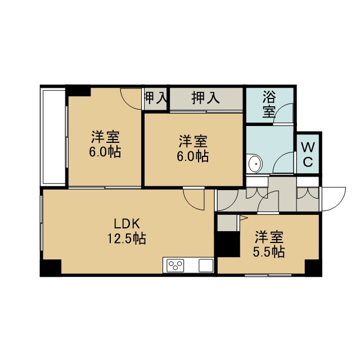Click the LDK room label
coord(127,224)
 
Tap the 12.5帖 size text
coord(127,238)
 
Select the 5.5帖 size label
coord(269,252)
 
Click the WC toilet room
coord(308,154)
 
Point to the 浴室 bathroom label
coord(269,104)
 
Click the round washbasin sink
coord(255,164)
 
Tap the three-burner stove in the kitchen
coord(175,265)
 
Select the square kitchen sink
coord(206,265)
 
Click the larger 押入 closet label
coord(206,98)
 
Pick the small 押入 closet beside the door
coord(156,99)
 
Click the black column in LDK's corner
coord(51,267)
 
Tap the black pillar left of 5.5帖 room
coord(228,244)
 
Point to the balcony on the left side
coord(54,137)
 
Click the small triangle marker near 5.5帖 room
coord(243,218)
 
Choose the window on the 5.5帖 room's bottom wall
coord(268,275)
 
